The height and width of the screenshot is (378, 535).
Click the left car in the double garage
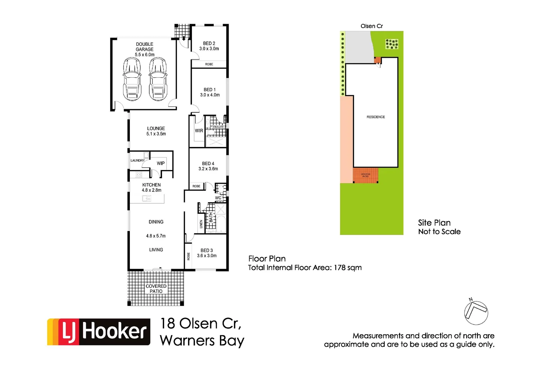click(x=132, y=79)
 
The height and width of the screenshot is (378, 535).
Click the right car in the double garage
click(x=158, y=79)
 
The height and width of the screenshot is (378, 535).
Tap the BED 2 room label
click(x=209, y=43)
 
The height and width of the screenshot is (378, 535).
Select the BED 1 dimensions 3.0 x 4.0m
click(x=210, y=95)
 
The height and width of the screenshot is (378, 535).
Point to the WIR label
click(x=199, y=131)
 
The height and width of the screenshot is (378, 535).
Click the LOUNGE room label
click(x=156, y=128)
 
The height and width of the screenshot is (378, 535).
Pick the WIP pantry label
click(x=161, y=163)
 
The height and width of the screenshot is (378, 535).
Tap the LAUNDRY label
click(x=137, y=160)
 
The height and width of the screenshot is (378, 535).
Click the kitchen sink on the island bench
click(x=147, y=198)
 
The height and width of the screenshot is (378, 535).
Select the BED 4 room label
click(x=208, y=163)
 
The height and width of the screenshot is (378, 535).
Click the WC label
click(x=218, y=198)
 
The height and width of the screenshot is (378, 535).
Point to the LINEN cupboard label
click(x=201, y=224)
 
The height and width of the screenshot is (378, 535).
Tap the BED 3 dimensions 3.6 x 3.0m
click(x=207, y=255)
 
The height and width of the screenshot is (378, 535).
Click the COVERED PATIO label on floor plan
click(x=156, y=288)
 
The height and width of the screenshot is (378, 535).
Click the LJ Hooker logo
click(x=99, y=332)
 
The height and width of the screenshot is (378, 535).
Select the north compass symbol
click(x=476, y=312)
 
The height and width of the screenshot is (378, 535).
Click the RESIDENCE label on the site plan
click(x=376, y=117)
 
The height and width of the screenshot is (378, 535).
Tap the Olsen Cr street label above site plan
click(x=371, y=26)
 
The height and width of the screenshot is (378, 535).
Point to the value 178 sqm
click(x=347, y=268)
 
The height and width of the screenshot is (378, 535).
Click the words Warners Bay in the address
click(x=202, y=341)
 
